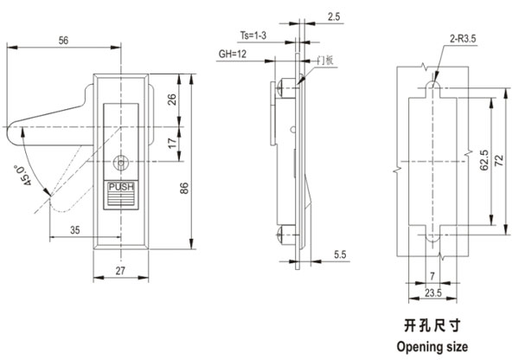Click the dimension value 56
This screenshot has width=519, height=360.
pyautogui.click(x=63, y=41)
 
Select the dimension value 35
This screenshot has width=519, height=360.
pyautogui.click(x=74, y=230)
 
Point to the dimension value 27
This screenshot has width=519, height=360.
pyautogui.click(x=121, y=270)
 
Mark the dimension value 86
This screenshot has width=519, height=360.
pyautogui.click(x=184, y=190)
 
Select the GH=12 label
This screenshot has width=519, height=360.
pyautogui.click(x=234, y=55)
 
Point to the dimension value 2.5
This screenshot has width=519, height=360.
pyautogui.click(x=334, y=16)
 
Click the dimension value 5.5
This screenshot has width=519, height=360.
pyautogui.click(x=341, y=253)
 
